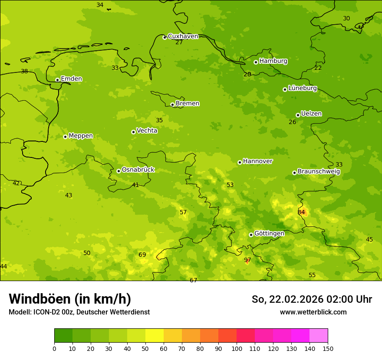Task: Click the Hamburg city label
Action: (273, 61)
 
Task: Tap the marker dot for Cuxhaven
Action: (165, 37)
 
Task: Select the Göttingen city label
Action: (269, 234)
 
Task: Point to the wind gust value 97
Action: (247, 260)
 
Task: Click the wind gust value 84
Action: (301, 212)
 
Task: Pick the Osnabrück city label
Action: (138, 170)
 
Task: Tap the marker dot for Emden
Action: (57, 80)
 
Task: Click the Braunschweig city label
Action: (319, 172)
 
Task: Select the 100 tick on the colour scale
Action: (237, 348)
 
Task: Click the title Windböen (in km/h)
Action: (70, 299)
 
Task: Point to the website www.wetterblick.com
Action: (313, 312)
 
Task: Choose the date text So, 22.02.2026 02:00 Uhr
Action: (312, 299)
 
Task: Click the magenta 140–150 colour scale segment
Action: (319, 336)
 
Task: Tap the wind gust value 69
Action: (142, 255)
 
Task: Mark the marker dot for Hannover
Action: (240, 162)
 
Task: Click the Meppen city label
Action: (81, 136)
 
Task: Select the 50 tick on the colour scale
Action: (145, 348)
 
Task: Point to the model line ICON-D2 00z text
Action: (79, 312)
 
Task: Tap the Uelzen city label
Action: (311, 114)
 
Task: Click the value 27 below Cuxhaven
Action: (179, 42)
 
